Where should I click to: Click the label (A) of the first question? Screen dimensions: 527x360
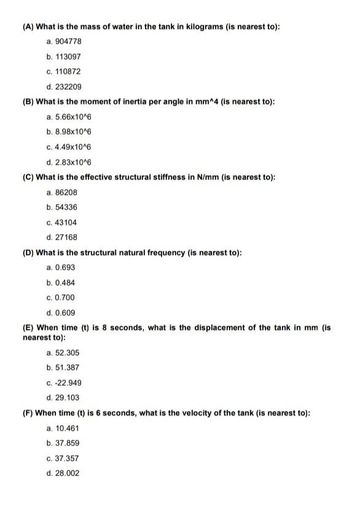click(28, 26)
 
